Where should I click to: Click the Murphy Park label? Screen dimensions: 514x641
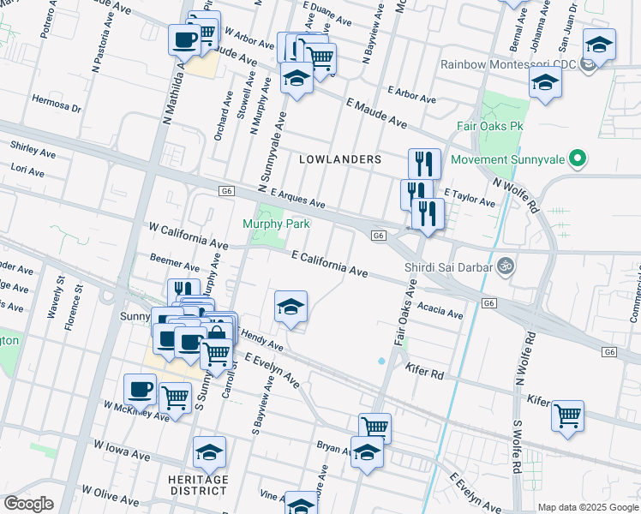[x=275, y=224]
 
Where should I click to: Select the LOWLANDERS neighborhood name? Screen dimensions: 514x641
[x=340, y=159]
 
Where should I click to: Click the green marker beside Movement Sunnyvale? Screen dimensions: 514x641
[x=578, y=158]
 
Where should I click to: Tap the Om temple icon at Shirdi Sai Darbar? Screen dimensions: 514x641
[x=505, y=266]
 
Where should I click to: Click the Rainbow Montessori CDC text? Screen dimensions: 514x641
[x=507, y=64]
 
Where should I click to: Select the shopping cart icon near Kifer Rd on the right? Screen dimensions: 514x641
[x=567, y=415]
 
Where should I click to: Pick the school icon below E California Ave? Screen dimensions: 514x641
[x=291, y=307]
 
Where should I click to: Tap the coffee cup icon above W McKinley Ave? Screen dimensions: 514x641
[x=140, y=389]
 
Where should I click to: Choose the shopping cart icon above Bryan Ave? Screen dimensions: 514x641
[x=374, y=427]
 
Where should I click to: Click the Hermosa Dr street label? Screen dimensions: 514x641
[x=56, y=109]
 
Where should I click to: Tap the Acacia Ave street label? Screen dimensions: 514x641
[x=440, y=310]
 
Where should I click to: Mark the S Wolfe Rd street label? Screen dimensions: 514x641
[x=518, y=447]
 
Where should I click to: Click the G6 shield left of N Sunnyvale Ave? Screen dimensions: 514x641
[x=226, y=191]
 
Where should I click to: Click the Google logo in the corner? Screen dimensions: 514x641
[x=28, y=504]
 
